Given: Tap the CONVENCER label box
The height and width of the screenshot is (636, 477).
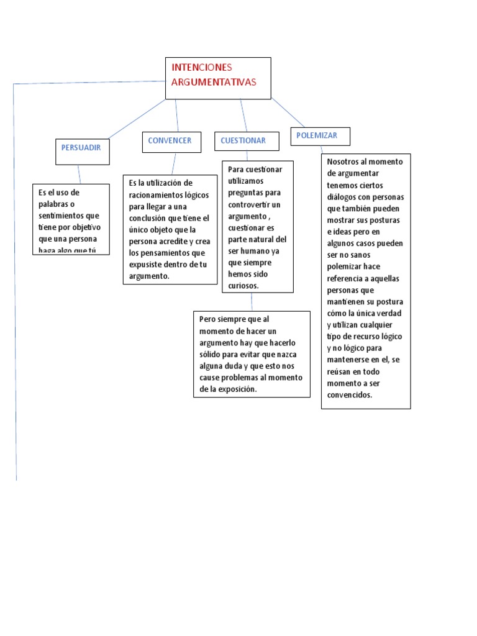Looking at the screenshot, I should click(170, 141).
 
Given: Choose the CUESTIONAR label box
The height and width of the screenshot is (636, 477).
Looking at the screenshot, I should click(243, 141).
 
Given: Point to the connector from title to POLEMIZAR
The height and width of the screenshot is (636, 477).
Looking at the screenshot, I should click(288, 112).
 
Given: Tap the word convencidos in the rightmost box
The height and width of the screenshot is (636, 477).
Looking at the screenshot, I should click(350, 394).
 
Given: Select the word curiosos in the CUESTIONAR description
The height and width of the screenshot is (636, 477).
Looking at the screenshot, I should click(243, 286).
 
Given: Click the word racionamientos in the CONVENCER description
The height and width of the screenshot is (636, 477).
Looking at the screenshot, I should click(156, 194).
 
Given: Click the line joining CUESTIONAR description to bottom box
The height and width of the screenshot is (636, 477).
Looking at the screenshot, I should click(252, 302).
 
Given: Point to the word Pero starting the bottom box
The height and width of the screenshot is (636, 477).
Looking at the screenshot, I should click(208, 319).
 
